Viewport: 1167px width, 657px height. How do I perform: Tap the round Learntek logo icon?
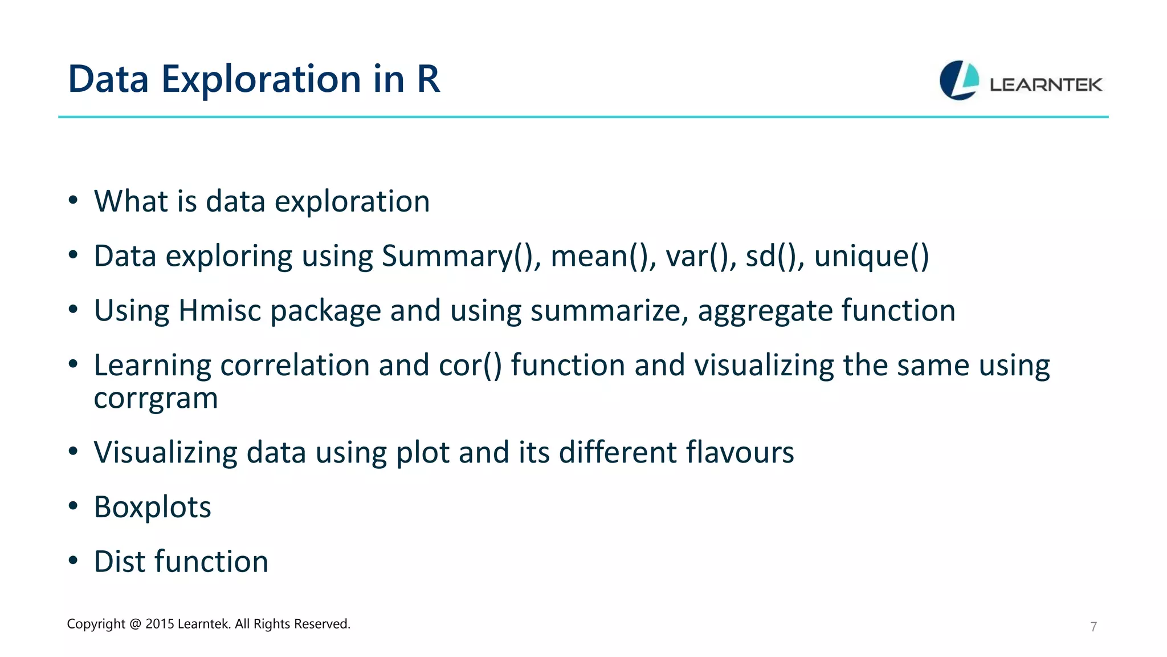pyautogui.click(x=959, y=80)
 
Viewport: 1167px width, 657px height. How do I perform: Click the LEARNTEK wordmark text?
pyautogui.click(x=1046, y=85)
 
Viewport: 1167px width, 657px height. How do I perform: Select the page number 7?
pyautogui.click(x=1093, y=627)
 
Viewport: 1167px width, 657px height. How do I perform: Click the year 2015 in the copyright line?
pyautogui.click(x=159, y=624)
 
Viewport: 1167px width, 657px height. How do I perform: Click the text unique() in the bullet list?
pyautogui.click(x=871, y=256)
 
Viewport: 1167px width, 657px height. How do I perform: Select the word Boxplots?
pyautogui.click(x=152, y=507)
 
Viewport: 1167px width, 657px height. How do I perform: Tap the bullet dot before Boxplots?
pyautogui.click(x=72, y=506)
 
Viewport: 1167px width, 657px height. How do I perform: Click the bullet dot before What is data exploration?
pyautogui.click(x=72, y=201)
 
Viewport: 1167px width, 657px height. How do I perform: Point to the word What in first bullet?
pyautogui.click(x=131, y=201)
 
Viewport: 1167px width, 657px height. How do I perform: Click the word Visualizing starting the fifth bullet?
pyautogui.click(x=165, y=453)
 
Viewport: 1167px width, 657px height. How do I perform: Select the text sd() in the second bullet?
pyautogui.click(x=774, y=256)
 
